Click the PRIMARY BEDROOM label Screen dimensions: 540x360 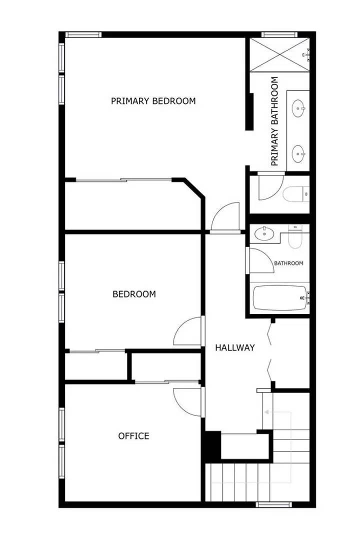click(x=153, y=101)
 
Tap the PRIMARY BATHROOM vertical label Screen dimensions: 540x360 click(x=274, y=121)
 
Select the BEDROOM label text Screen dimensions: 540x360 click(x=134, y=294)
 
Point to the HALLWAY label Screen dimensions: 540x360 click(x=235, y=347)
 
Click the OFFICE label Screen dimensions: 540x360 click(x=133, y=436)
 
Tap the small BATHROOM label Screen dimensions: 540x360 click(x=288, y=263)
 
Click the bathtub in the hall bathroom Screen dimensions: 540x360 click(x=280, y=298)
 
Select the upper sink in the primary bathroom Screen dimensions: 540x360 click(x=299, y=107)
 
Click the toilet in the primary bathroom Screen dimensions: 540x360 click(x=295, y=193)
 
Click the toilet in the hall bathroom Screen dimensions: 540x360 click(x=296, y=237)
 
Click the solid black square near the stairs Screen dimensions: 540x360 click(x=212, y=444)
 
